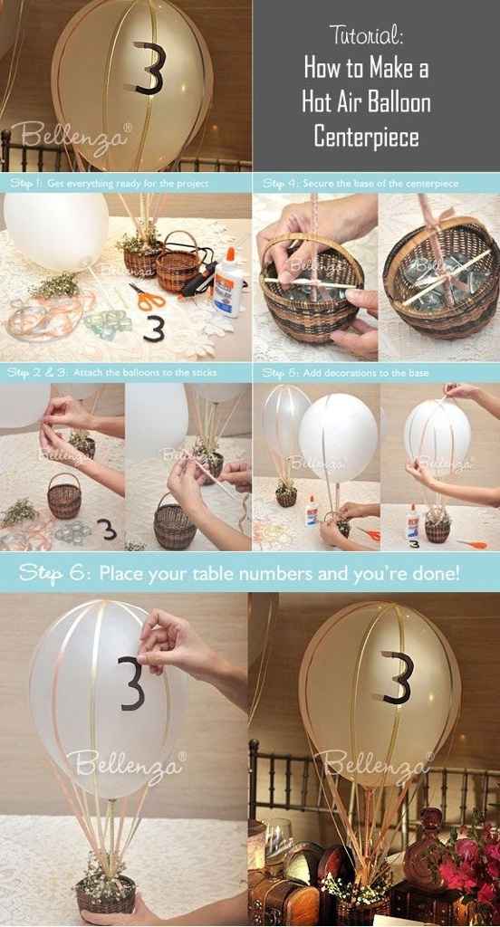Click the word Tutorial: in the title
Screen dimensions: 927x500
(x=366, y=35)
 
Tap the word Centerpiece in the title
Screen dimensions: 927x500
(x=366, y=137)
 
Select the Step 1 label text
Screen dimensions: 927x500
(x=25, y=183)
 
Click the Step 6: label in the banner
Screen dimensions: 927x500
(x=54, y=572)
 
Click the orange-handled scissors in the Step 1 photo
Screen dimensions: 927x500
(x=146, y=296)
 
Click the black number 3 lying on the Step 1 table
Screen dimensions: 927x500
(x=155, y=326)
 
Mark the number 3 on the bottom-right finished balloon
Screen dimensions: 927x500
(x=397, y=677)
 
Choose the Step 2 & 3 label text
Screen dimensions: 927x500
(x=31, y=372)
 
